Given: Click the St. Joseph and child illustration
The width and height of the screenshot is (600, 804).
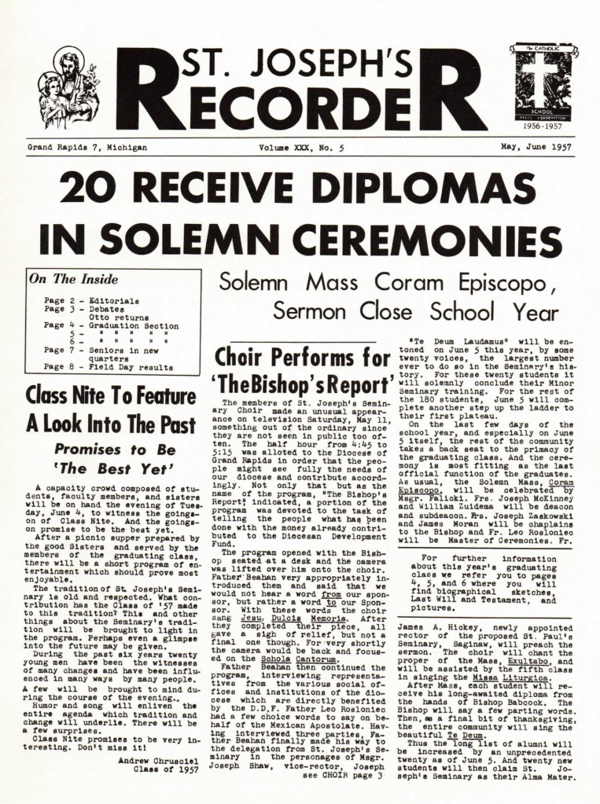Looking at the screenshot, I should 69,87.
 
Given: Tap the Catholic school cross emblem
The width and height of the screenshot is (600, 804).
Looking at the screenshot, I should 539,83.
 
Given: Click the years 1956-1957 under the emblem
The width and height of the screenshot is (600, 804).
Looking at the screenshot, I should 539,124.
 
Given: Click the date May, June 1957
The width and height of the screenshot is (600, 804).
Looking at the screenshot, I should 536,147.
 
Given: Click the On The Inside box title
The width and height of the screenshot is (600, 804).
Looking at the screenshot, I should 74,279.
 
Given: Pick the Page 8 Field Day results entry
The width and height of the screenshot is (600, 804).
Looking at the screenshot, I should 109,366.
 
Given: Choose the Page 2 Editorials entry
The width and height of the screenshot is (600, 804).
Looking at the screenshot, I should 92,300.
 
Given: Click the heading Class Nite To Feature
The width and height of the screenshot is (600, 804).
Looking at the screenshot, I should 111,395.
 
